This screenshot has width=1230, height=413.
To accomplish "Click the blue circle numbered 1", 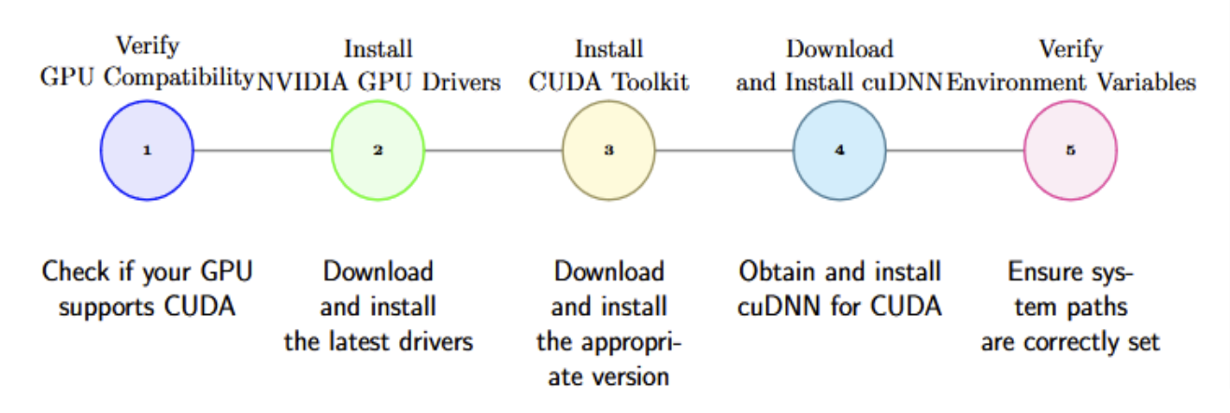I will pos(147,150).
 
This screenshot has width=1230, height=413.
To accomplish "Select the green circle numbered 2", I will pos(378,150).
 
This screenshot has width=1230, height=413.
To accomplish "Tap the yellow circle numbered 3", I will pos(608,150).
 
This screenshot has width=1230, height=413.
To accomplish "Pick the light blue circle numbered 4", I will pos(839,150).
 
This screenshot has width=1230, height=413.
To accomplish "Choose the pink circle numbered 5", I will pos(1070,150).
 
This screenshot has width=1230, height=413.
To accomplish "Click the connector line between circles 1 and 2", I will pos(262,150).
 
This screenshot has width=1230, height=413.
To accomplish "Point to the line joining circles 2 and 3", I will pos(493,150).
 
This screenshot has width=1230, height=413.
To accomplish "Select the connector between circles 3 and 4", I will pos(723,150).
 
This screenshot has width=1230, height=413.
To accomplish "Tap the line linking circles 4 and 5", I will pos(954,150).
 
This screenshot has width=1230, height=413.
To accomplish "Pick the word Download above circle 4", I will pos(839,49).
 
